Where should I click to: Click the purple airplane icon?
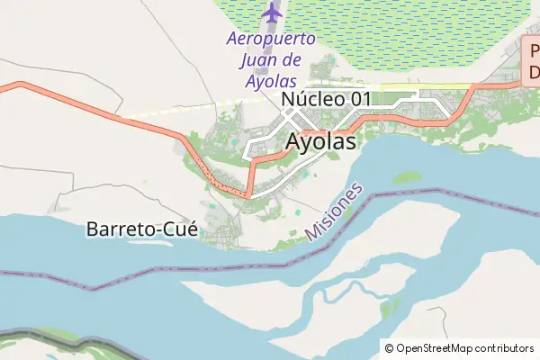pos(271,13)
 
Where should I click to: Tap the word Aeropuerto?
pos(271,40)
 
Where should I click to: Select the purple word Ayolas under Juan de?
pos(271,81)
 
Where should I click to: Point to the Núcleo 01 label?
pos(326,99)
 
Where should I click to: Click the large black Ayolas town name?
pos(320,142)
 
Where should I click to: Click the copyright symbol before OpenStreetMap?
pos(390,348)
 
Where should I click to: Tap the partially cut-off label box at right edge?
pos(532,60)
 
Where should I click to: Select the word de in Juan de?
pos(293,60)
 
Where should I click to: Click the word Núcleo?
pos(311,99)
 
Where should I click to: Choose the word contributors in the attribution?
pos(505,348)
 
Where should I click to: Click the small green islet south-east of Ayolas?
pos(407,177)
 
